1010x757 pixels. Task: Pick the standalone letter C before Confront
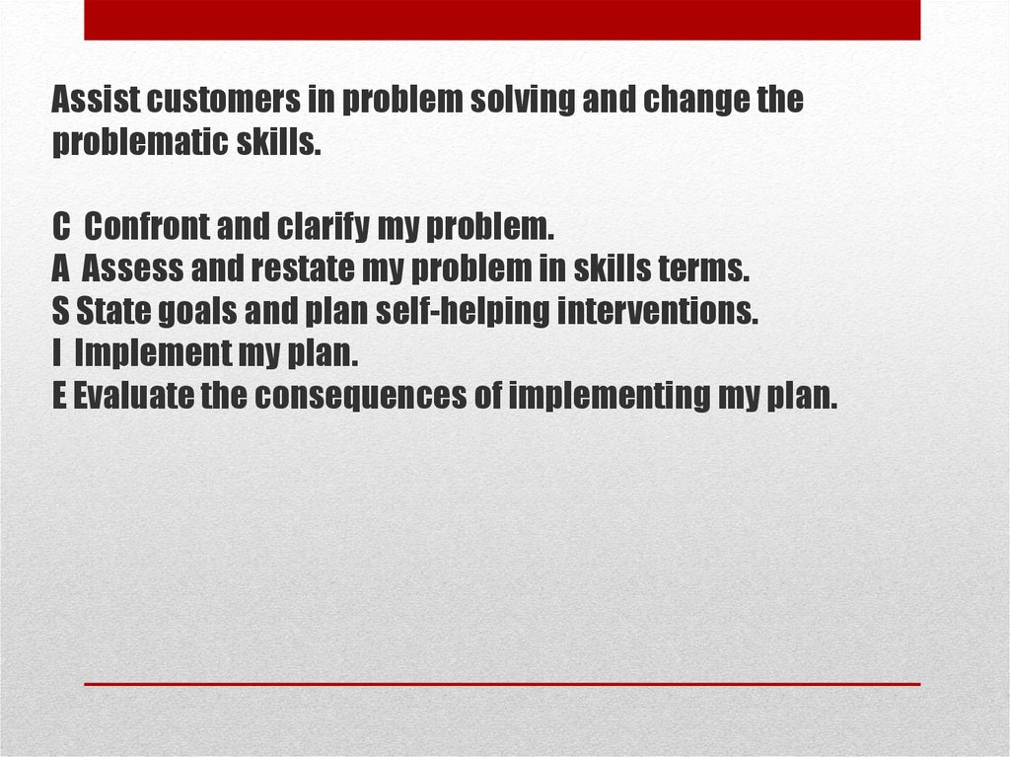[61, 228]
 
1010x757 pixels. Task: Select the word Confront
[146, 228]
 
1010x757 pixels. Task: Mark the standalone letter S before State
[61, 312]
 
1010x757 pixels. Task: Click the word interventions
[658, 312]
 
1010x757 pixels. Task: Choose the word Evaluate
[133, 396]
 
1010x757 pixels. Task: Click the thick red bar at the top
[502, 20]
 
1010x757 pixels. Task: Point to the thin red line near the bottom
[502, 683]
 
